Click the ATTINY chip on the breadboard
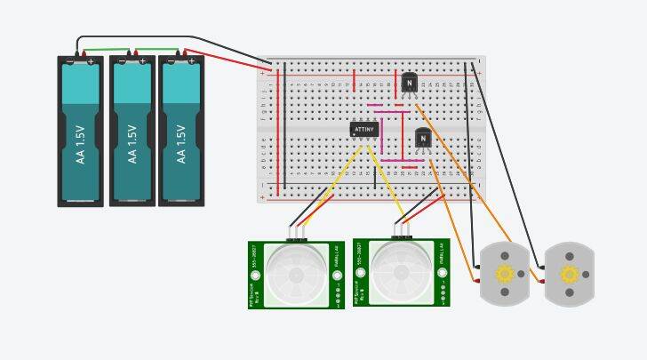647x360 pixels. click(364, 129)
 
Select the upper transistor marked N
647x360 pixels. click(409, 83)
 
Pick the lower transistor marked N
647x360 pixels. click(423, 139)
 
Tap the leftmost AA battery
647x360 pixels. click(81, 131)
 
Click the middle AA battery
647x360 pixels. click(132, 131)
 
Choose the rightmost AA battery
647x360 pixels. click(181, 131)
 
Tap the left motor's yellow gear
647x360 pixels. click(504, 274)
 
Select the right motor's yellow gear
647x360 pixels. click(570, 274)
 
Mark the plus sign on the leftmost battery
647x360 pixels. click(91, 61)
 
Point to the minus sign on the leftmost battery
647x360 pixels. click(70, 61)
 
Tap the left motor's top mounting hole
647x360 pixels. click(505, 256)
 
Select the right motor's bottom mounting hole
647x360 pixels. click(570, 292)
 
